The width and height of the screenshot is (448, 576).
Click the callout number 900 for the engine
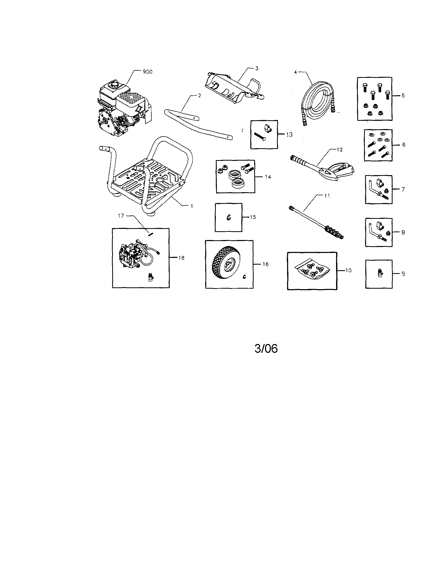tap(147, 72)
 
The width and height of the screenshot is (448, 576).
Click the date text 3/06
tap(266, 349)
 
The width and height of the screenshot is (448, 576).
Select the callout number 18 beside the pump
tap(181, 258)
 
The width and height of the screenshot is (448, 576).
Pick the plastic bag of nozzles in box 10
tap(312, 270)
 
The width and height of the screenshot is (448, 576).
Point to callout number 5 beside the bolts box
tap(403, 96)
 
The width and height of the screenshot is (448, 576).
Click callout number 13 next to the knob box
tap(289, 134)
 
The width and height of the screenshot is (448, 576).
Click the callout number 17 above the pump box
tap(121, 216)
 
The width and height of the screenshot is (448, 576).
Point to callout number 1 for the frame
tap(192, 206)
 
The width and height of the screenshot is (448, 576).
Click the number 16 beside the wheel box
tap(266, 264)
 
